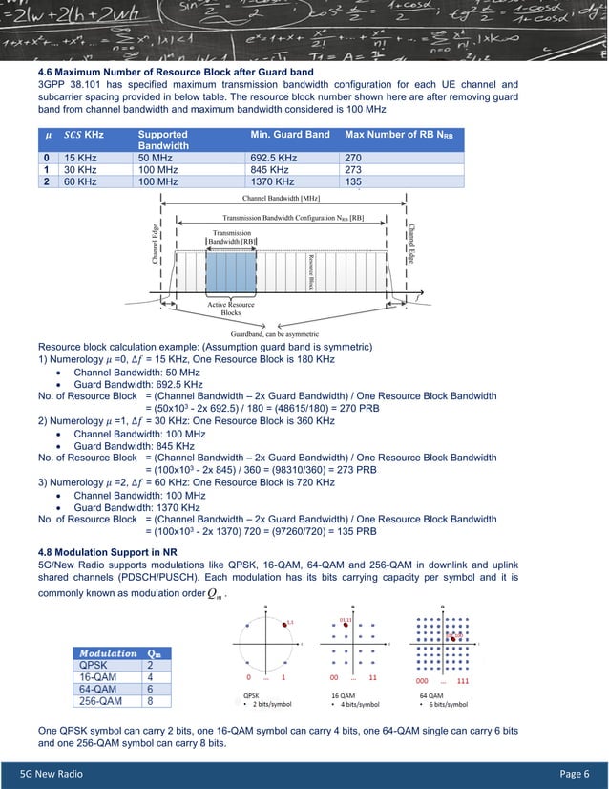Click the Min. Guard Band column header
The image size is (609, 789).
(289, 135)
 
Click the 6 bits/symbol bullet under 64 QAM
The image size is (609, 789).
(445, 704)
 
